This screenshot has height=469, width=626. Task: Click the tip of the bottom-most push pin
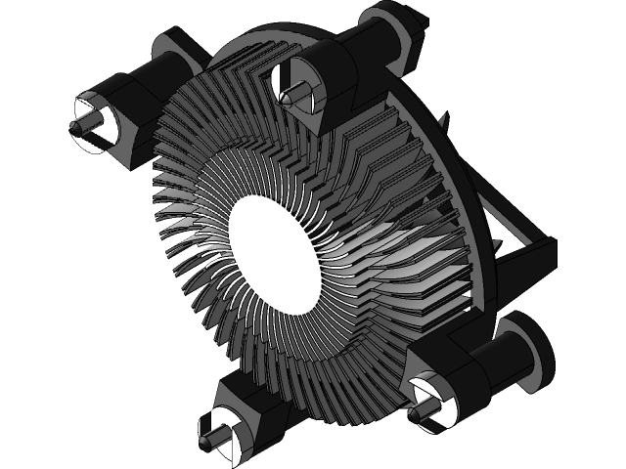[x=203, y=442]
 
